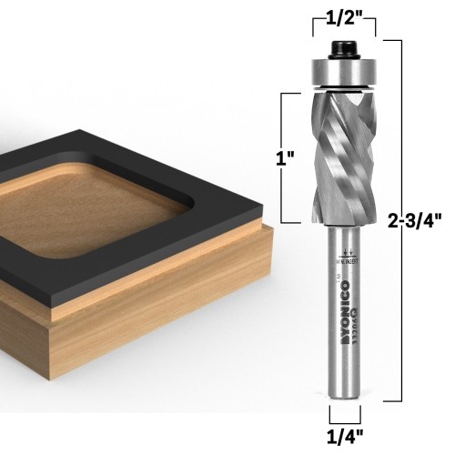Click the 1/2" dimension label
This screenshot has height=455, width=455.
point(344,15)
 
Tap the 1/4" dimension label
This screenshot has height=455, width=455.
point(344,436)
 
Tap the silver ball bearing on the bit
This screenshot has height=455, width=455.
point(344,71)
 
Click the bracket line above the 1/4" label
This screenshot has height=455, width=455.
point(344,414)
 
